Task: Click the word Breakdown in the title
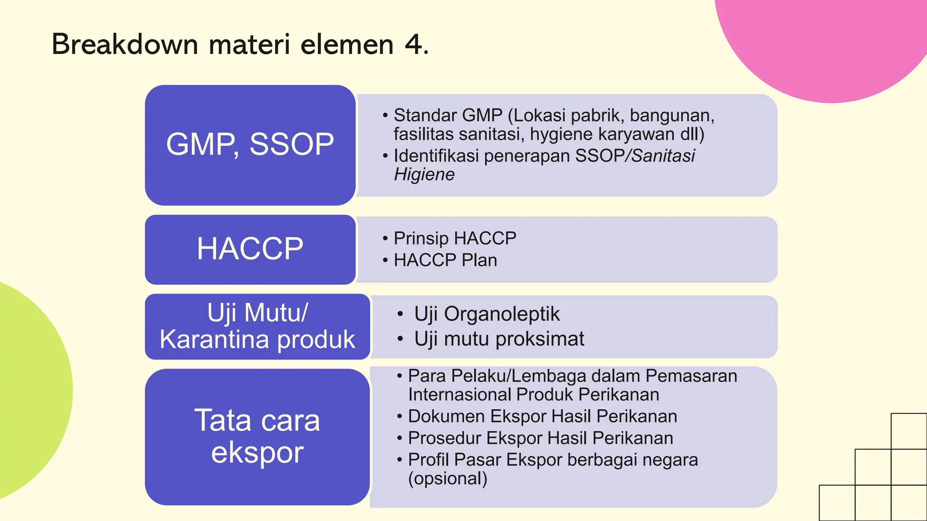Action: tap(125, 44)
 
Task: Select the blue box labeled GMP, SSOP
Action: tap(250, 145)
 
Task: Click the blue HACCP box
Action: tap(250, 249)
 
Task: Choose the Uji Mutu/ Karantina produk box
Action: tap(257, 327)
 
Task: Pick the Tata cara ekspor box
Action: tap(257, 436)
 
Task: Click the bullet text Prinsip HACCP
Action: tap(454, 238)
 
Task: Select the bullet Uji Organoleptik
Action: tap(487, 314)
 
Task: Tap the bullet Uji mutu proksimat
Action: tap(499, 339)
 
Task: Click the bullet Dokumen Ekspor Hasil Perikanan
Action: tap(542, 416)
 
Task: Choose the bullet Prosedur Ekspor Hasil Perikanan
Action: tap(540, 438)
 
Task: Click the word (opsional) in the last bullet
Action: tap(447, 478)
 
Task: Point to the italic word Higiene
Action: tap(424, 175)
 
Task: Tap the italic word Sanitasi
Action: tap(663, 156)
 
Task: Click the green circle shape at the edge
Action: tap(27, 389)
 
